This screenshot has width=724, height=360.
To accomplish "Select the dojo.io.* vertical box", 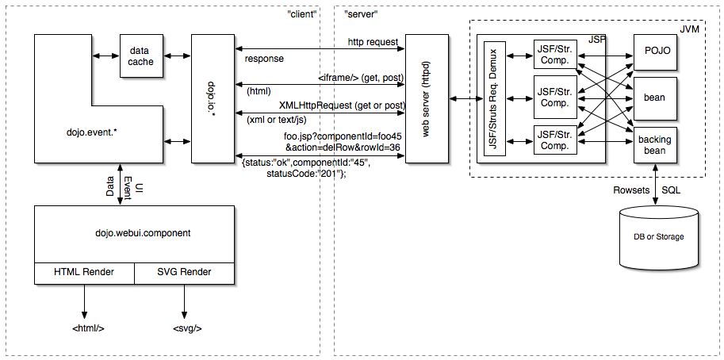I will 209,98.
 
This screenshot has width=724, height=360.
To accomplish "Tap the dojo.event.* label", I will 94,126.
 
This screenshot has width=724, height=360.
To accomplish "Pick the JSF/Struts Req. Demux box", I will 494,98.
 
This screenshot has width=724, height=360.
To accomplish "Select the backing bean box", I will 654,145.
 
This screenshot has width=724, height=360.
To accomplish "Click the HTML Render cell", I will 84,272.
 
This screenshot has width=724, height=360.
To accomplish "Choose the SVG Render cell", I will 184,272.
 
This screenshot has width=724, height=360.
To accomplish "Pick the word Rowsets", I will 632,190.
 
